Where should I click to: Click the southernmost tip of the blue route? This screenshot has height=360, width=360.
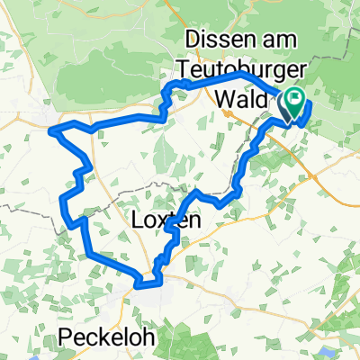pos(139,288)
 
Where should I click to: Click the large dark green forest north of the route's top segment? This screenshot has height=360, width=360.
pos(108,36)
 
